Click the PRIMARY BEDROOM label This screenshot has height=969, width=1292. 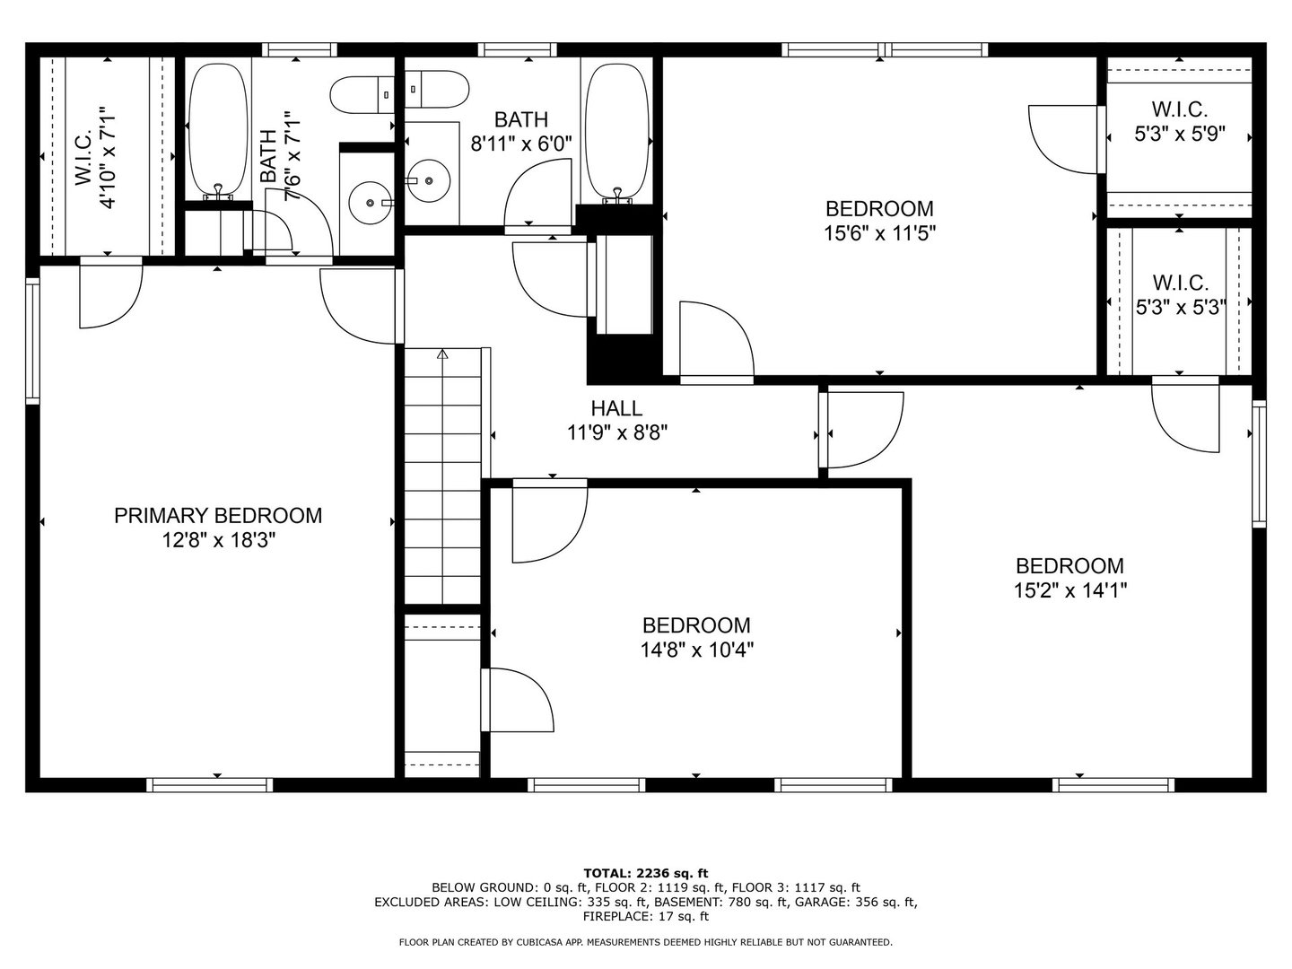pyautogui.click(x=218, y=516)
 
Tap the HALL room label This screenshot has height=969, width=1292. pyautogui.click(x=616, y=408)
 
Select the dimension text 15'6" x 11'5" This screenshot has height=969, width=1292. pyautogui.click(x=879, y=234)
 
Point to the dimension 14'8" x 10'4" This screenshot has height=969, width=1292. pyautogui.click(x=697, y=650)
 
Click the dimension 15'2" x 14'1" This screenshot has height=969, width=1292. pyautogui.click(x=1069, y=590)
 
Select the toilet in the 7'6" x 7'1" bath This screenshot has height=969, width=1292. pyautogui.click(x=362, y=95)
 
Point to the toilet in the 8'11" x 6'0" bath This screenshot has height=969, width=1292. pyautogui.click(x=437, y=89)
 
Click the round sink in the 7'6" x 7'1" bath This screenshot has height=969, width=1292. pyautogui.click(x=370, y=203)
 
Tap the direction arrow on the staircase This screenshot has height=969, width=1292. pyautogui.click(x=442, y=354)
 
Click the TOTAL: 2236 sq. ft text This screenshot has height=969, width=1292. pyautogui.click(x=646, y=873)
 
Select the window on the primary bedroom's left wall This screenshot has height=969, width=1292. pyautogui.click(x=33, y=341)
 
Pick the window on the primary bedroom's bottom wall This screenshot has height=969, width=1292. pyautogui.click(x=210, y=785)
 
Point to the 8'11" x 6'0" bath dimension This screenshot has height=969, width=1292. pyautogui.click(x=521, y=144)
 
